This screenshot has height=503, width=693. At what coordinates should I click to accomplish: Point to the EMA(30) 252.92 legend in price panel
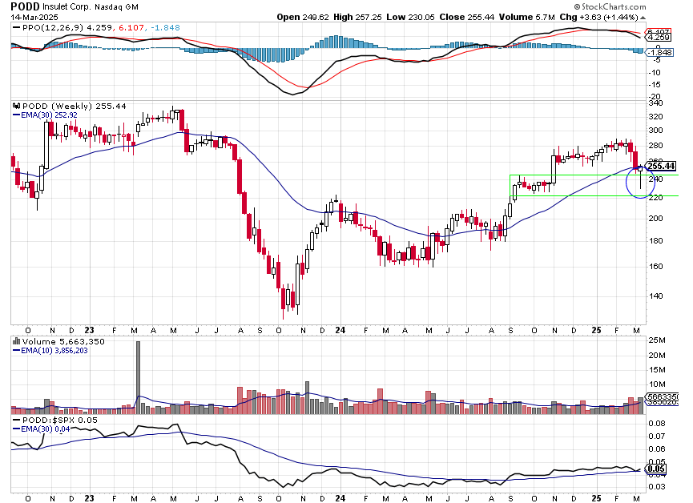pyautogui.click(x=46, y=115)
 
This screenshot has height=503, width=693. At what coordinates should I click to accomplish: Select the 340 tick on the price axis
pyautogui.click(x=655, y=103)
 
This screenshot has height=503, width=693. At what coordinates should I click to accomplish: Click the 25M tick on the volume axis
pyautogui.click(x=657, y=341)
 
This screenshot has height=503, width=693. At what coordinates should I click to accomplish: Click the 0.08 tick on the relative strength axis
pyautogui.click(x=656, y=422)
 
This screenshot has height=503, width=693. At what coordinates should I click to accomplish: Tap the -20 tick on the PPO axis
pyautogui.click(x=655, y=97)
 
